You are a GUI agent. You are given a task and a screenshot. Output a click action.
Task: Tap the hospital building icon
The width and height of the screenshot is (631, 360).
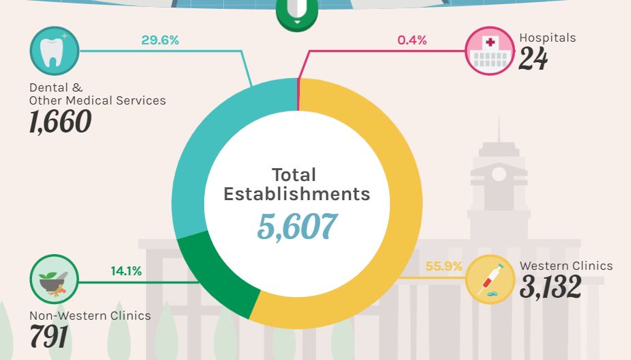click(x=490, y=51)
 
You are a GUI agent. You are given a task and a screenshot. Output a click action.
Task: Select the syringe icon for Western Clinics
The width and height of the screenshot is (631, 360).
click(x=490, y=279)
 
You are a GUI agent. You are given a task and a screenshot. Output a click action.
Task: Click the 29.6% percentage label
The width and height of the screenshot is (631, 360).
click(x=160, y=40)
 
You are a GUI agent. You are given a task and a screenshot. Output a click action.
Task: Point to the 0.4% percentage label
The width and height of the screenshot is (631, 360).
click(x=412, y=40)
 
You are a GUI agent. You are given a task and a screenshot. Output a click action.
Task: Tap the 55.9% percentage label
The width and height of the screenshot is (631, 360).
click(x=444, y=266)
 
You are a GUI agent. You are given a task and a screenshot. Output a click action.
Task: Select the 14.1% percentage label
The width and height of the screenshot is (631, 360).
click(x=126, y=271)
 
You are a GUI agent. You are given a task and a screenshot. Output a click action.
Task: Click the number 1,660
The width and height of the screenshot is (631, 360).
click(x=60, y=122)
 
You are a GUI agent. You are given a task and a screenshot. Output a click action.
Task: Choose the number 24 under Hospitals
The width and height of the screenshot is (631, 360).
click(x=533, y=59)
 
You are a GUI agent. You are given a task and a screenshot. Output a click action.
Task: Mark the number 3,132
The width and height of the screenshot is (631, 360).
click(x=550, y=287)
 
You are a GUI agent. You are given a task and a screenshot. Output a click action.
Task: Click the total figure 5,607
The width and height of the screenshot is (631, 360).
click(x=297, y=227)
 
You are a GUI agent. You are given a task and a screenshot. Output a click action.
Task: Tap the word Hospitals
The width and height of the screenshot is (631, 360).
click(x=548, y=38)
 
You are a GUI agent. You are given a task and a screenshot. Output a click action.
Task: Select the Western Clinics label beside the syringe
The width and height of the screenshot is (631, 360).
click(x=566, y=266)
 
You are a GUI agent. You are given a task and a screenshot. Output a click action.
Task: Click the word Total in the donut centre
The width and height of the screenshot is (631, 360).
click(x=294, y=174)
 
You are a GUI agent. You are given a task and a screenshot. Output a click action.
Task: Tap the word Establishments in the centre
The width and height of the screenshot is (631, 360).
click(x=297, y=194)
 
